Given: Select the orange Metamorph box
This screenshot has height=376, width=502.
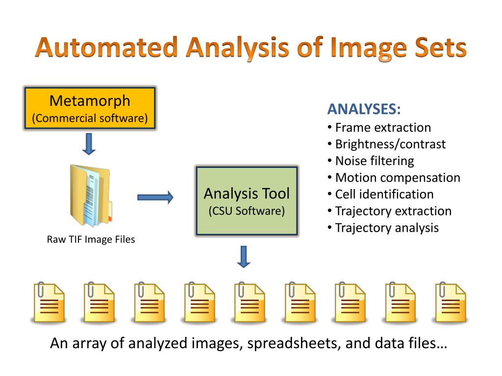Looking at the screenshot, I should tap(90, 108).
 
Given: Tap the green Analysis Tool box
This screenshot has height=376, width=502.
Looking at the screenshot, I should tap(247, 201).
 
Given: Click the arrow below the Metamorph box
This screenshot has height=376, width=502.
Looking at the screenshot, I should tap(89, 144).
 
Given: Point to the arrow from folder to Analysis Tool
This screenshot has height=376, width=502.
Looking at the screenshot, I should tap(155, 197).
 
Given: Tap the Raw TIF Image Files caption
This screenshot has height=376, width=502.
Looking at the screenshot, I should tap(91, 239).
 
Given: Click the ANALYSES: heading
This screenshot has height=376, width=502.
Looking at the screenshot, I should tap(364, 109).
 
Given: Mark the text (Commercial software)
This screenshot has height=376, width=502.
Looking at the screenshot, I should tap(90, 118).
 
